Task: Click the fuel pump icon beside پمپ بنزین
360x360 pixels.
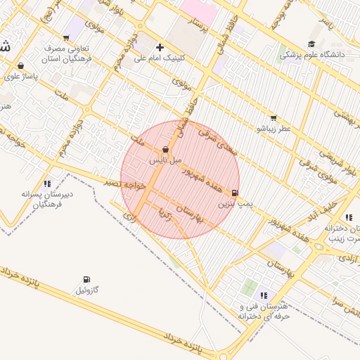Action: point(234,192)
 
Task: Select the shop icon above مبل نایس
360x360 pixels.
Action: point(165,150)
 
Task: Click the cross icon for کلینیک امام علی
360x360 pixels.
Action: point(160,47)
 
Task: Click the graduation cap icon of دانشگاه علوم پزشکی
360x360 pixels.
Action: point(311,44)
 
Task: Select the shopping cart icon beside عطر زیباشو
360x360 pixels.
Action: point(274,118)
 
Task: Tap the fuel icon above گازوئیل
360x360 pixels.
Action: point(86,279)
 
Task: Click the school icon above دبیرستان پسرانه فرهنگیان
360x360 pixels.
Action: point(47,184)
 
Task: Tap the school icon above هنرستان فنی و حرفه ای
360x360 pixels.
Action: point(264,296)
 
